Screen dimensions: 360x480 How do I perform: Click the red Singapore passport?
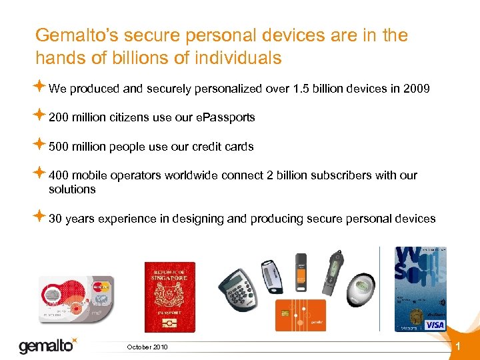coord(170,297)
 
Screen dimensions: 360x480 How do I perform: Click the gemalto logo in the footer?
coord(47,345)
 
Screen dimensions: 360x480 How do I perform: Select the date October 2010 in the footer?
coord(147,347)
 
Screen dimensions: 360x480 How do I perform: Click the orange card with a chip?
coord(301,315)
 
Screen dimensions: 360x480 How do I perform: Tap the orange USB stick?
coord(301,271)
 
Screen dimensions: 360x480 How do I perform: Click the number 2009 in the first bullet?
coord(417,88)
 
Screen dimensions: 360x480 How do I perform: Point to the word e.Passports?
coord(225,117)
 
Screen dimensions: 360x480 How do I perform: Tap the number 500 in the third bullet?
coord(59,147)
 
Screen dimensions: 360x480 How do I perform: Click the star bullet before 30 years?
coord(39,217)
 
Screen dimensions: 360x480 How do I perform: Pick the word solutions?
coord(72,189)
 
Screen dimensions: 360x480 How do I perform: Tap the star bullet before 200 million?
coord(39,116)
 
